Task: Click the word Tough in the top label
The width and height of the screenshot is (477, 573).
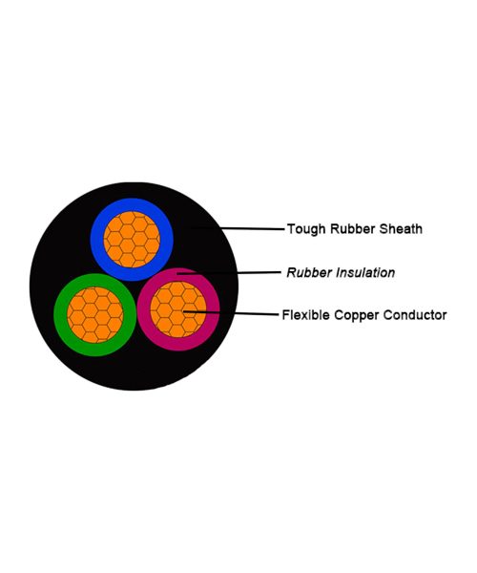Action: (306, 229)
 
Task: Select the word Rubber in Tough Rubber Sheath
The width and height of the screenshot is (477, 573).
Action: (352, 229)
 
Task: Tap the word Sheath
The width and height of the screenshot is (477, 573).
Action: (401, 229)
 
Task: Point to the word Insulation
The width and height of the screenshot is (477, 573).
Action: (365, 272)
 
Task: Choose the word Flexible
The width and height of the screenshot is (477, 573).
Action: (305, 315)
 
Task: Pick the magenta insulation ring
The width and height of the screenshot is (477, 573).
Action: (213, 309)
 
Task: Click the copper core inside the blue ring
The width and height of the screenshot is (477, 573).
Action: (132, 240)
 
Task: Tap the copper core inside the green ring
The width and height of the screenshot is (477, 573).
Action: (95, 315)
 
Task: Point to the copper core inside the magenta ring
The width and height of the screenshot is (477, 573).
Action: (178, 309)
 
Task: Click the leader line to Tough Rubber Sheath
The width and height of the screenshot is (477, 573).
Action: (238, 228)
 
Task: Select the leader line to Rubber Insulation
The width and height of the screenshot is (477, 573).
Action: (229, 272)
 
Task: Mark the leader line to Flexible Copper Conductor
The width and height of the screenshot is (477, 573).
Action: (231, 313)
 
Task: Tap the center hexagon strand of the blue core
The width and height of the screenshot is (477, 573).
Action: (127, 240)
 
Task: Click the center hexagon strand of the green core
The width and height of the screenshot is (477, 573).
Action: (90, 311)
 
